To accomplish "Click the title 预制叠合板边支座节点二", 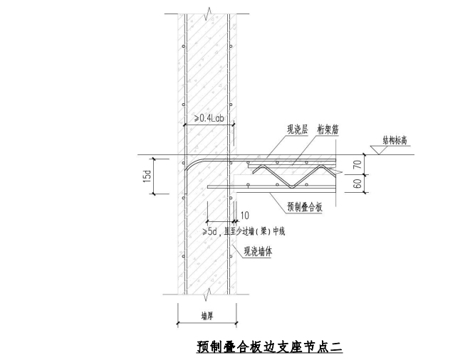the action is [x=269, y=347].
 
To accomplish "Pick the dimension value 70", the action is [x=357, y=165].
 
